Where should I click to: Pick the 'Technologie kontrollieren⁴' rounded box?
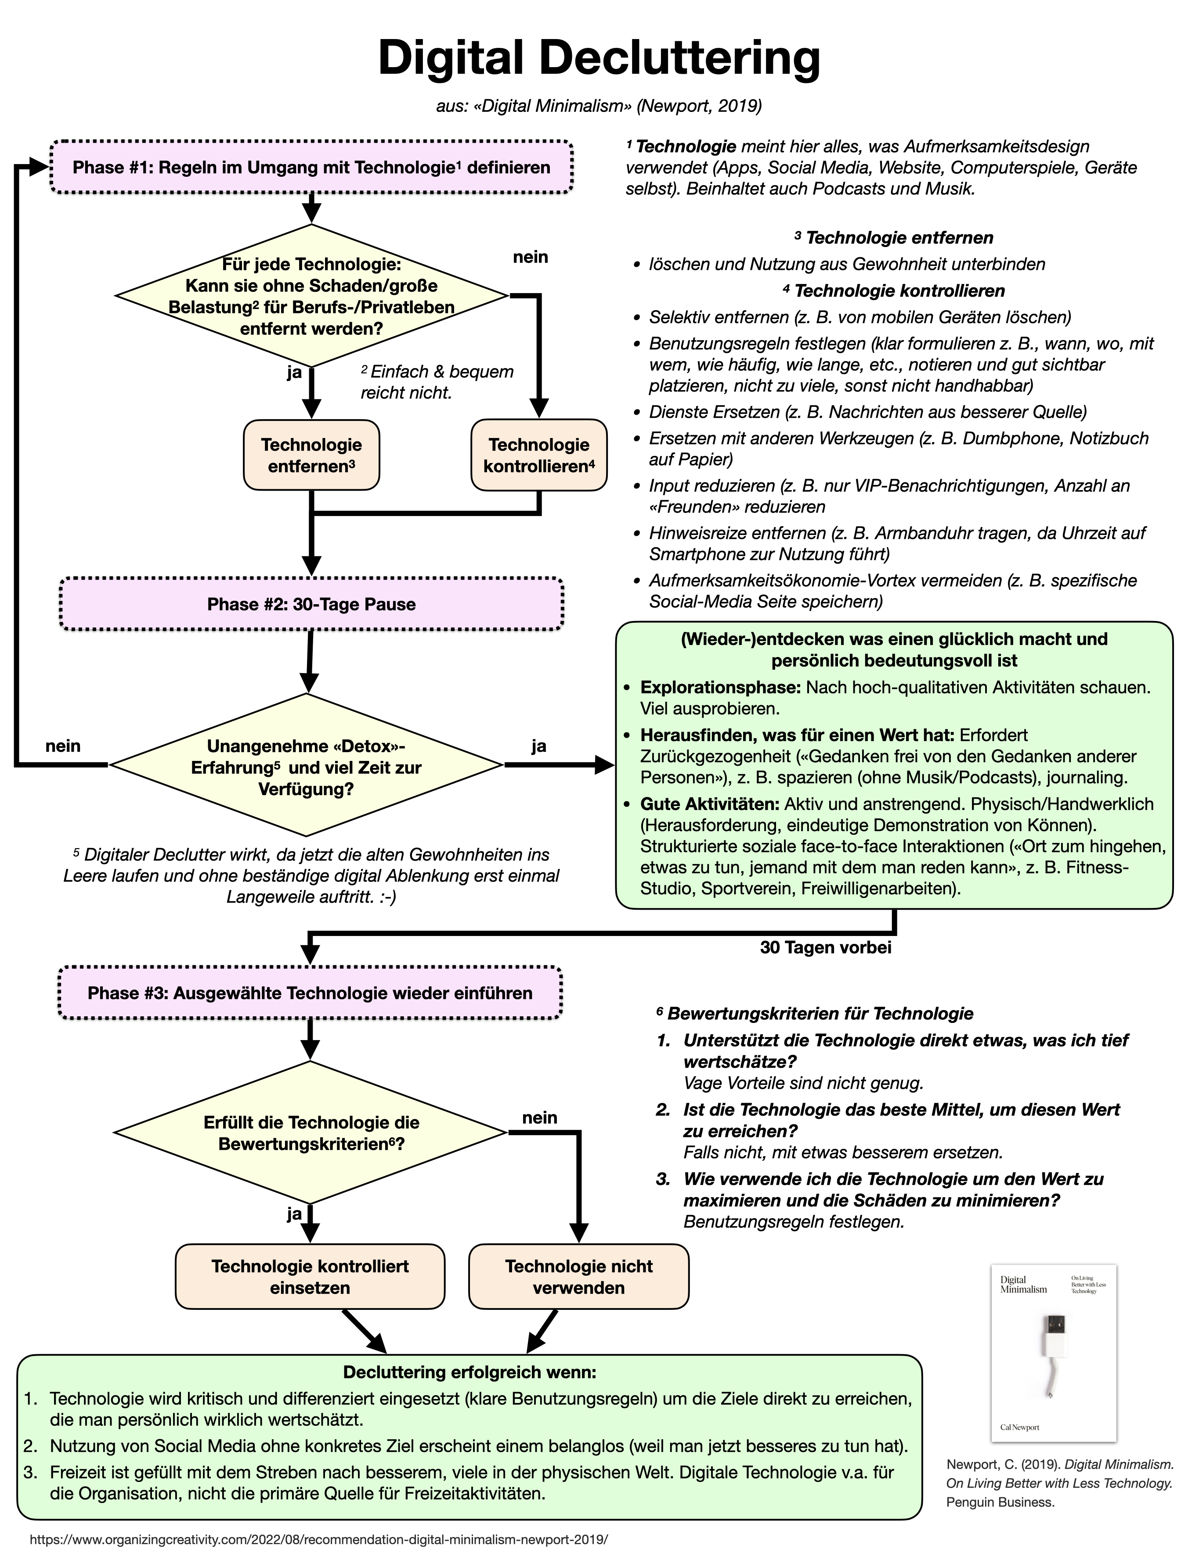(x=539, y=455)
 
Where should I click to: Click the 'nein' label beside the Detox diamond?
(x=63, y=746)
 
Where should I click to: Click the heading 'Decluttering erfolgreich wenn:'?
(x=469, y=1372)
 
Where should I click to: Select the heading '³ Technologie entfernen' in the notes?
(x=893, y=237)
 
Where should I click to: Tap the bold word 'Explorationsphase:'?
(x=720, y=688)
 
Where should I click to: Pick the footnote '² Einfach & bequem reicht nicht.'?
(x=436, y=381)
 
